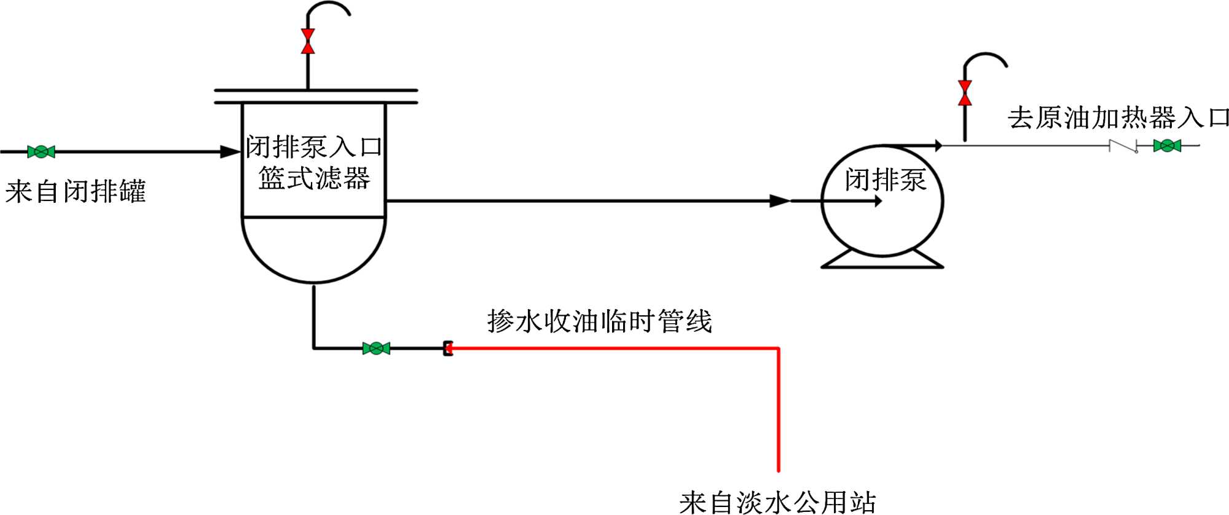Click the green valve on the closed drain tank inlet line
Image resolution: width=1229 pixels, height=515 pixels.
point(41,151)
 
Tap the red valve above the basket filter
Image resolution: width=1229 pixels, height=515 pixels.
point(308,41)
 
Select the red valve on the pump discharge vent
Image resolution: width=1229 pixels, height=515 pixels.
point(965,93)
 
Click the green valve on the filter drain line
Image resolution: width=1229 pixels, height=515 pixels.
point(376,348)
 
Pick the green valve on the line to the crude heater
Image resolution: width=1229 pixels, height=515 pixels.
point(1167,146)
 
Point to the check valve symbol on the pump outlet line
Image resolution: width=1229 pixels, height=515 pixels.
point(1123,146)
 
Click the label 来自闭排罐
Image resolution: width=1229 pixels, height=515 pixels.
point(75,191)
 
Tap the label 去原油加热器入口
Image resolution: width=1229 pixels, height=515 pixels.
point(1118,117)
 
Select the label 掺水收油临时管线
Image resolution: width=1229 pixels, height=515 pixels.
point(599,321)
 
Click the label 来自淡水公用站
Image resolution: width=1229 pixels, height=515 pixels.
point(777,502)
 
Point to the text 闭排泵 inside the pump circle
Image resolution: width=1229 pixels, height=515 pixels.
point(885,180)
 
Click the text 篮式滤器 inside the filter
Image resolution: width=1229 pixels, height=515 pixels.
point(314,178)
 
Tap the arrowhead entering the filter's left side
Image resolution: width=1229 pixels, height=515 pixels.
point(231,151)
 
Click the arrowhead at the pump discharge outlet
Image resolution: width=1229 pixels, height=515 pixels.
point(938,146)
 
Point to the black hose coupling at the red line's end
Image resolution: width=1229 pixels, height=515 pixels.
point(448,348)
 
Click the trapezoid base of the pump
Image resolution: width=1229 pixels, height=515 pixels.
point(882,261)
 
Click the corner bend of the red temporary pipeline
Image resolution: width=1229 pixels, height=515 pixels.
point(778,349)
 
